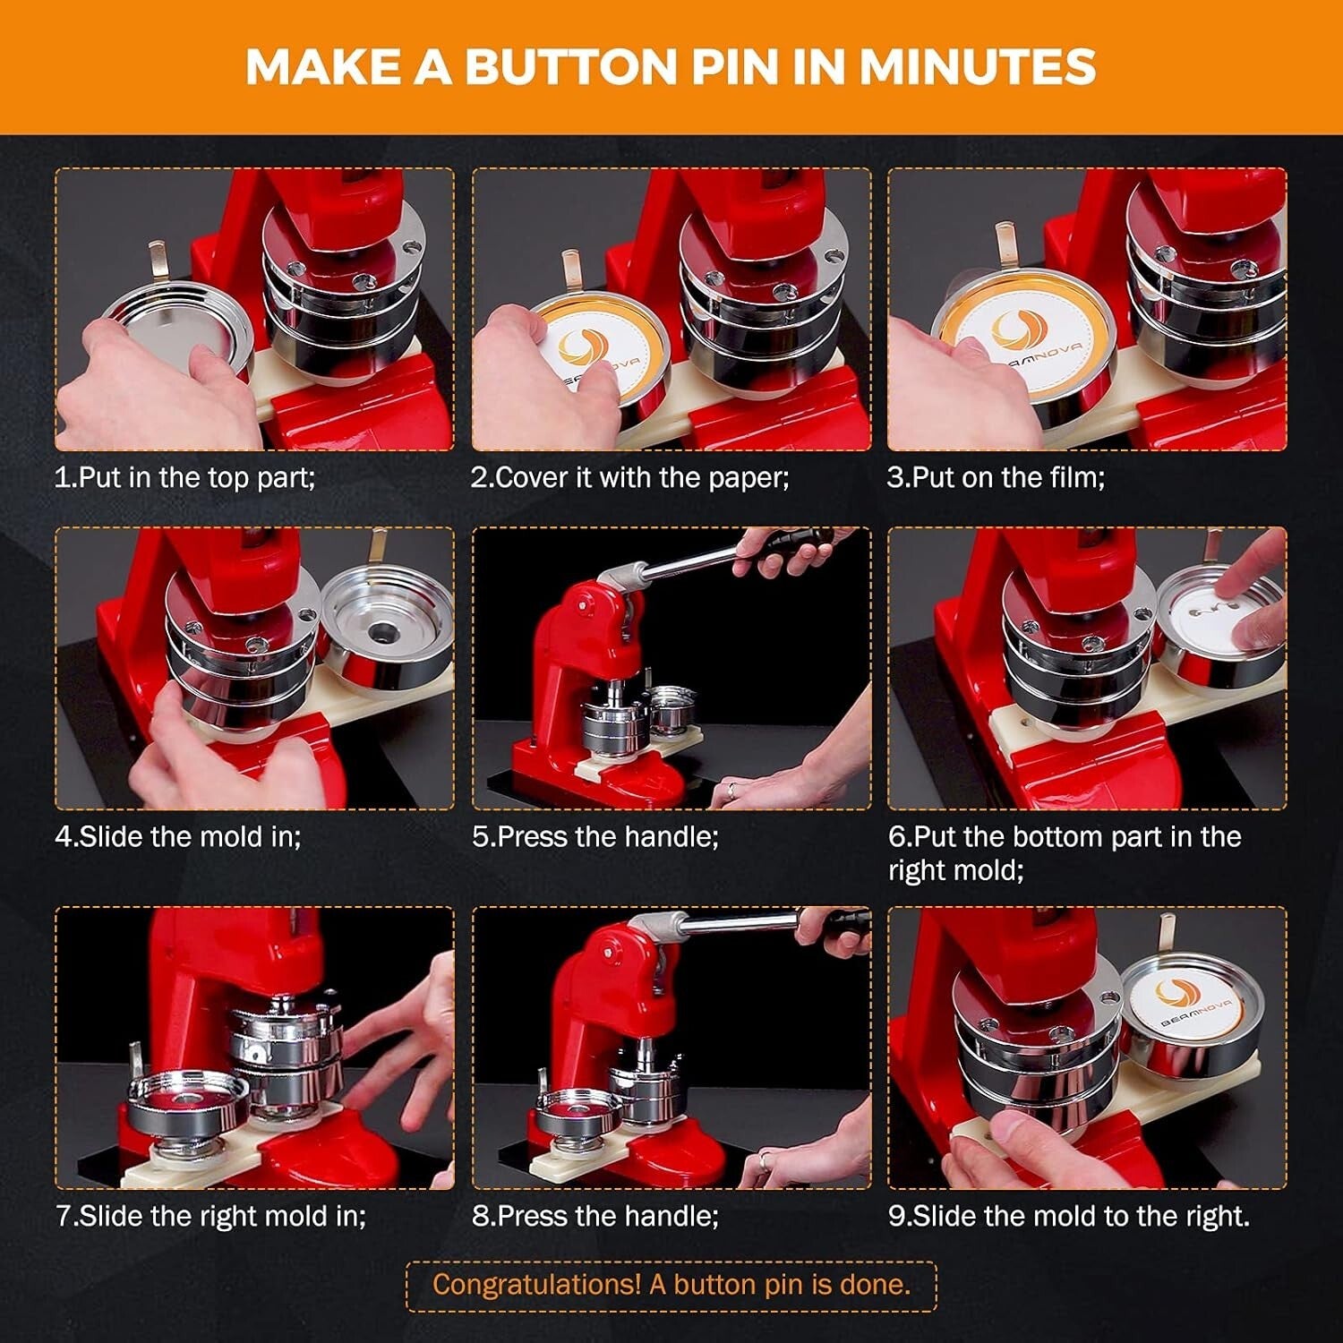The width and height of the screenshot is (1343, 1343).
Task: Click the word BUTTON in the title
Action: (576, 67)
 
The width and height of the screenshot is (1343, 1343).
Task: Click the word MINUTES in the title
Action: (978, 67)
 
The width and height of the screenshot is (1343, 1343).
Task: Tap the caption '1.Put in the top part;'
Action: (184, 477)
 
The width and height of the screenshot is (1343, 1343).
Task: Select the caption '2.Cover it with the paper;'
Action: (630, 477)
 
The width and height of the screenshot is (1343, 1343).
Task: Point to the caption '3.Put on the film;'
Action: (996, 477)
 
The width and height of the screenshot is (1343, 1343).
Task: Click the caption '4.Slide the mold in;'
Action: (178, 836)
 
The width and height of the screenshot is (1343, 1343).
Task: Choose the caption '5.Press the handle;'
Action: (595, 836)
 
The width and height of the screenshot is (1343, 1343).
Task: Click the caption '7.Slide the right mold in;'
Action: (211, 1216)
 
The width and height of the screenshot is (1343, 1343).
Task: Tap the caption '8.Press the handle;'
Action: (595, 1216)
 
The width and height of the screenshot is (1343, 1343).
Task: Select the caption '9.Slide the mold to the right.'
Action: (1069, 1216)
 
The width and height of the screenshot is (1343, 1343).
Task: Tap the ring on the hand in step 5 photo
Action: (731, 790)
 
